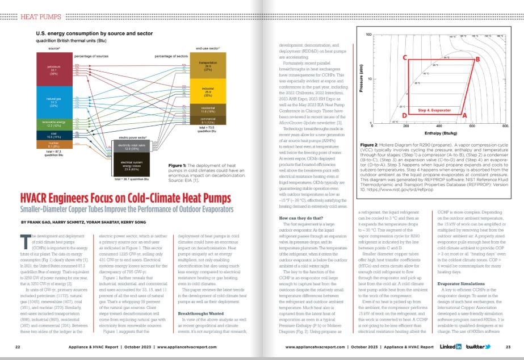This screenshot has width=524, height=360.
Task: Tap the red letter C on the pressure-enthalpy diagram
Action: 405,58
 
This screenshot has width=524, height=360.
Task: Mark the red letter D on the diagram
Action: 404,115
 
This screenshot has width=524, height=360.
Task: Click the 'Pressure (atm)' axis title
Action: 362,80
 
